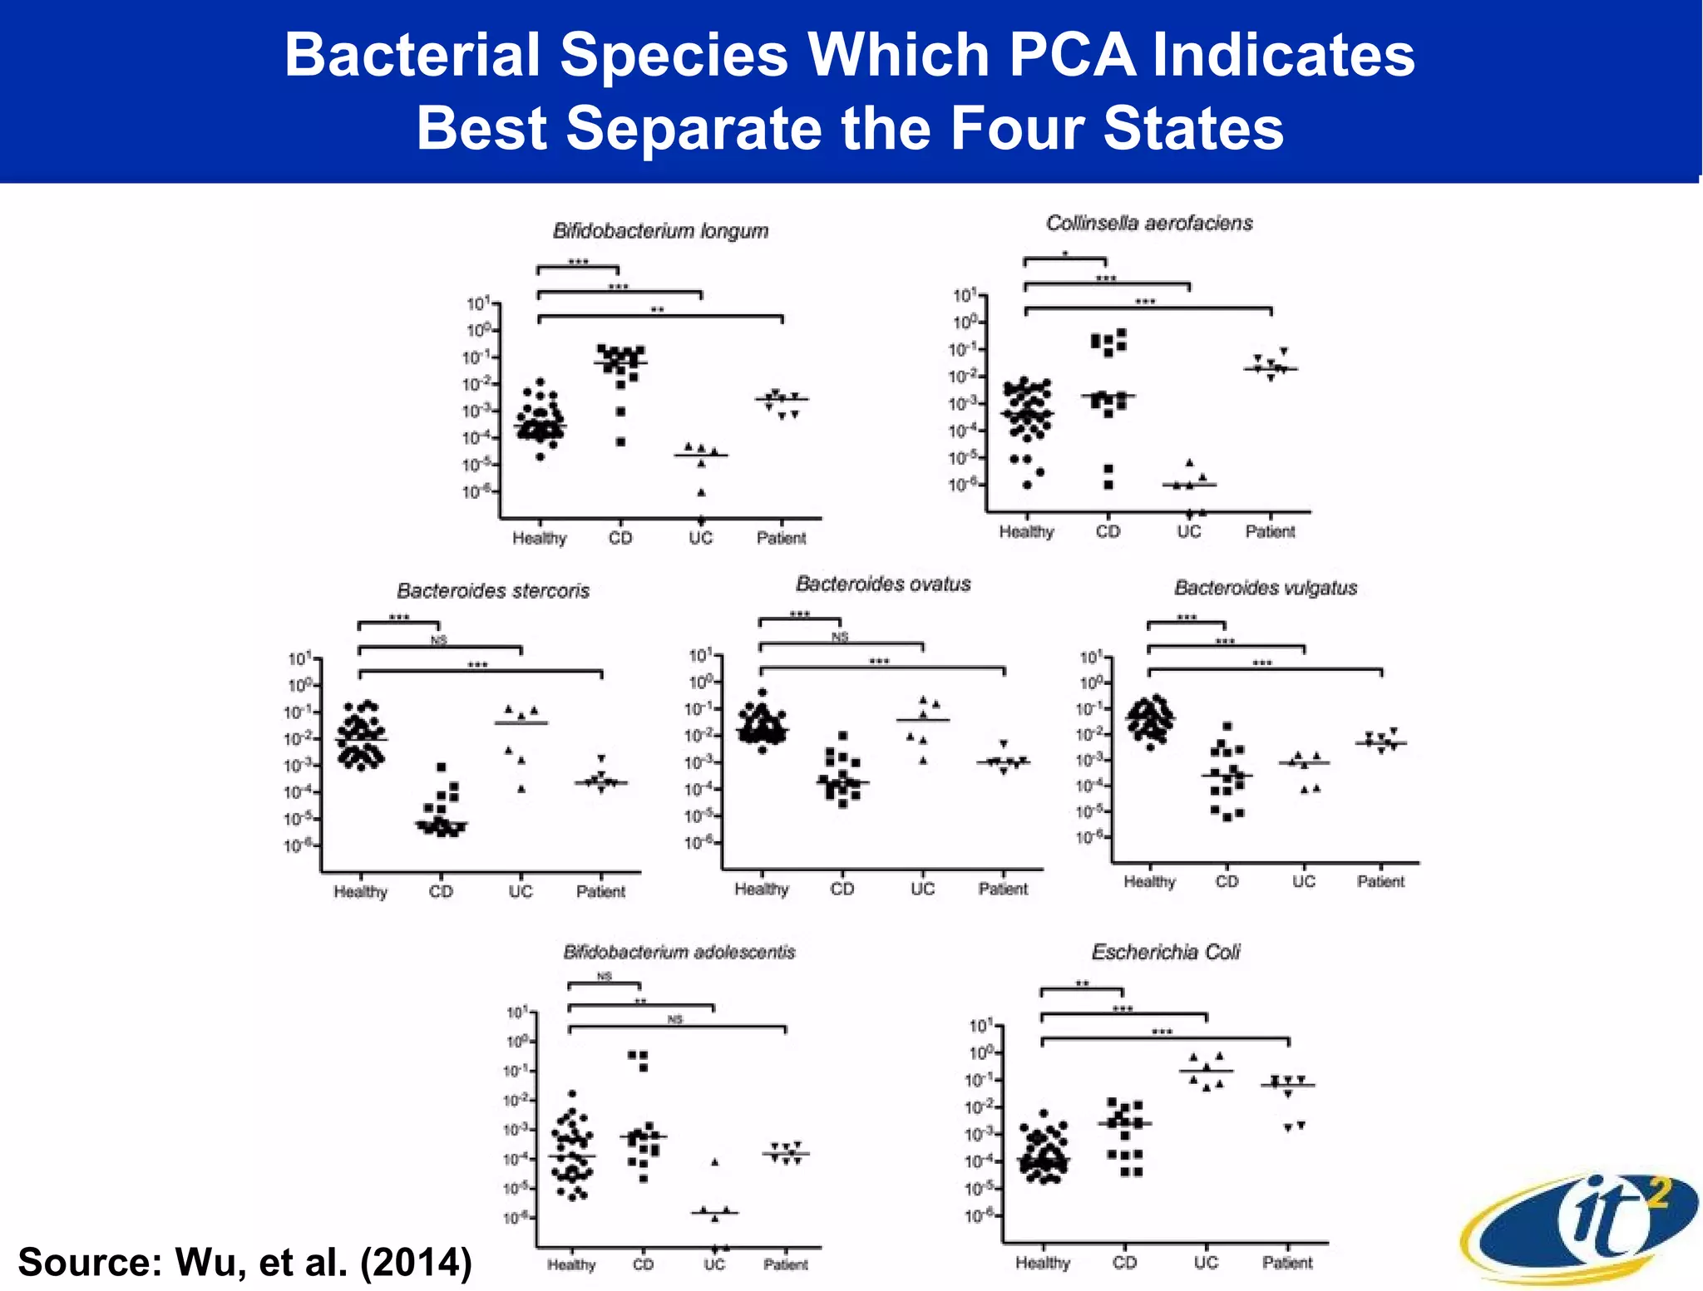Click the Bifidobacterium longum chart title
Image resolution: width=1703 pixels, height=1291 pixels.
(660, 231)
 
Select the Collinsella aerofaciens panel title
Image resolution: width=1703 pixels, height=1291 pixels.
(1148, 223)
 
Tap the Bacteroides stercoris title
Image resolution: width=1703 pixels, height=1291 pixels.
(492, 591)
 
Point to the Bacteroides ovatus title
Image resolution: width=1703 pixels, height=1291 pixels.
(883, 584)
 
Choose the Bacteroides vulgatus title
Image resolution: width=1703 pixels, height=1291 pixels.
(1265, 588)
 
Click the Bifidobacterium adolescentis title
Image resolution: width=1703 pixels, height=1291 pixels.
(679, 952)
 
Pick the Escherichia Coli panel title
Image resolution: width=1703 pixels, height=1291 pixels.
(1165, 952)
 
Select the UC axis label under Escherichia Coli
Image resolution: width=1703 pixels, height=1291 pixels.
(1206, 1263)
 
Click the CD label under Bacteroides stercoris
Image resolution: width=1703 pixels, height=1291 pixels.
(441, 891)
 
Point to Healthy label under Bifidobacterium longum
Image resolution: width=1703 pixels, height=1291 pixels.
(539, 538)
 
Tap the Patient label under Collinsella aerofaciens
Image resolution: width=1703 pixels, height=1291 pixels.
(1270, 531)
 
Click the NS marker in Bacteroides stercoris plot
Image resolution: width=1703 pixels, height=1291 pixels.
(438, 639)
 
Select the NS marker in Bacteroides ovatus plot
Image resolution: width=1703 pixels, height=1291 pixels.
(840, 637)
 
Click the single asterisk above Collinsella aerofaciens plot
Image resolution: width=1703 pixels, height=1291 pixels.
(1064, 254)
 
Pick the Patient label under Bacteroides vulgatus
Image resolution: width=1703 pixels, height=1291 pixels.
(1380, 881)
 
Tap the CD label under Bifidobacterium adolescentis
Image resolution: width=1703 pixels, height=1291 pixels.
(643, 1264)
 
